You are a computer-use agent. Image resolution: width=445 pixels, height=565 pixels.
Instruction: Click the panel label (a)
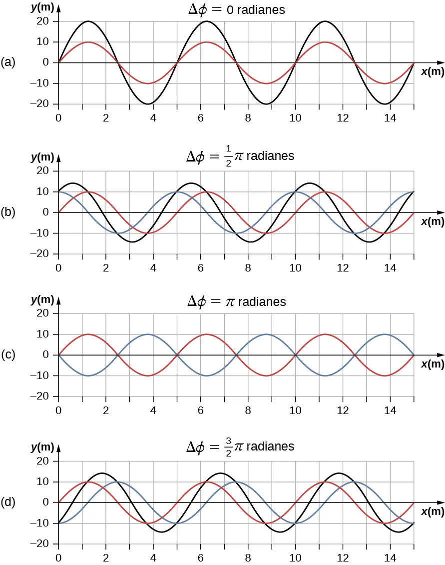pyautogui.click(x=8, y=62)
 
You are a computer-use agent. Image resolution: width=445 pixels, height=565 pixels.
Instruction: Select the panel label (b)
pyautogui.click(x=8, y=212)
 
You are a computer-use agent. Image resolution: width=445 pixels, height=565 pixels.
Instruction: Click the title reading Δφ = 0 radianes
pyautogui.click(x=236, y=9)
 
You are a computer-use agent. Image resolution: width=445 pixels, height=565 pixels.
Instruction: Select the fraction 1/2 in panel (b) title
pyautogui.click(x=228, y=156)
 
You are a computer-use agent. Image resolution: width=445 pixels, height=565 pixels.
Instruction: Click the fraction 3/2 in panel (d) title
pyautogui.click(x=228, y=446)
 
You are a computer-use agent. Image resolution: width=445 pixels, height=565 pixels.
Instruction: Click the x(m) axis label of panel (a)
pyautogui.click(x=432, y=72)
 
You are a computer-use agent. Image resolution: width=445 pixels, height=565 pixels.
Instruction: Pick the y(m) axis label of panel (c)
pyautogui.click(x=42, y=299)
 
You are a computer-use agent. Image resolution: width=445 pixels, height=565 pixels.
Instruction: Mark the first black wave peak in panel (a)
pyautogui.click(x=88, y=21)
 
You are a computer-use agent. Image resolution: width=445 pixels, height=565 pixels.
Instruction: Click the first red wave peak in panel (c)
pyautogui.click(x=88, y=334)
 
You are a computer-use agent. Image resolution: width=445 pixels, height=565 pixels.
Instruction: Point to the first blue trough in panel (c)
pyautogui.click(x=88, y=375)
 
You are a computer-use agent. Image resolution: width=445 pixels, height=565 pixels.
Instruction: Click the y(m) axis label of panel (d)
pyautogui.click(x=42, y=447)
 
